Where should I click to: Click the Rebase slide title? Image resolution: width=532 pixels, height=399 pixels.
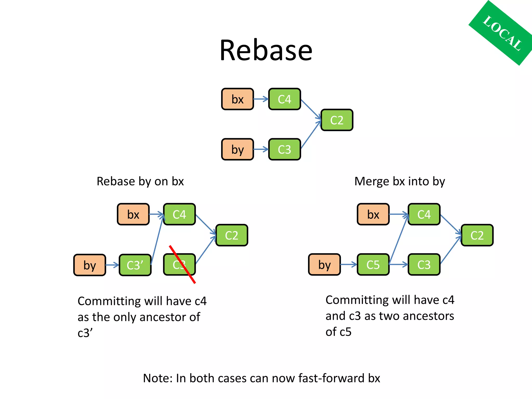(266, 50)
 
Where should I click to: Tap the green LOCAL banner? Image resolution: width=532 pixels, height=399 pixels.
(501, 33)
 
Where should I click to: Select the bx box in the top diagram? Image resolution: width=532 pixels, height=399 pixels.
(237, 99)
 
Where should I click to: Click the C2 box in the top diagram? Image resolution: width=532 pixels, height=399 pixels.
(337, 120)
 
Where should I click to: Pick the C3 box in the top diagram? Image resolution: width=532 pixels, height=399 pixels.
(284, 149)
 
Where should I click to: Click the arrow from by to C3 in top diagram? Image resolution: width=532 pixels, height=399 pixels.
(261, 149)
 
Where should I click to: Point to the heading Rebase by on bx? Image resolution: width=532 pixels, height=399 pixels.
(140, 181)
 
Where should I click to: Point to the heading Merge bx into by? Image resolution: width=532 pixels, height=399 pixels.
(400, 181)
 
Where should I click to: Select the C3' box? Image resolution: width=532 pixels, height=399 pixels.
(135, 265)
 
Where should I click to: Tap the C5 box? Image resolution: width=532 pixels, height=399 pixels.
(373, 265)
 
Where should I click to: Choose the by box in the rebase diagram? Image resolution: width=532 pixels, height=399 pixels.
(90, 265)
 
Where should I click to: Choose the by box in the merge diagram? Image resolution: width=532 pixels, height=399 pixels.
(324, 265)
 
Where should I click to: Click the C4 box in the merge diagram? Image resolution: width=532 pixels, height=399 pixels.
(424, 214)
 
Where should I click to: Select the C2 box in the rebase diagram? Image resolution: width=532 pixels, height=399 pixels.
(231, 235)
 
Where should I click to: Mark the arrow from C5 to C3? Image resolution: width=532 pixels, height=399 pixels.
(398, 265)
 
